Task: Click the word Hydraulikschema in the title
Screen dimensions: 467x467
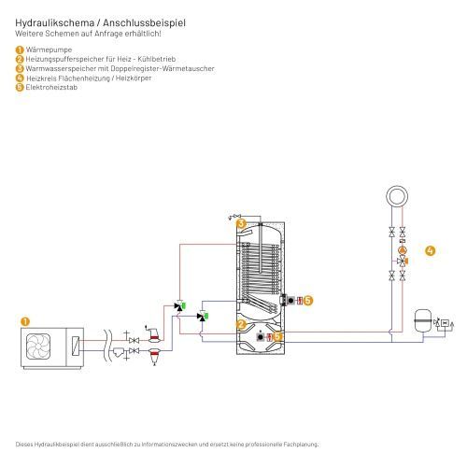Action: coord(55,23)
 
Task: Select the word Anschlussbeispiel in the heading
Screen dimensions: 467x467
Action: coord(144,23)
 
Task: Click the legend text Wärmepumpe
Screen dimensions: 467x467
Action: coord(49,50)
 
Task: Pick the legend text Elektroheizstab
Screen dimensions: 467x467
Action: coord(51,87)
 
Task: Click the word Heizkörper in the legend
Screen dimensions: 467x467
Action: coord(134,78)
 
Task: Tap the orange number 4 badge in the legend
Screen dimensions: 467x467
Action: coord(20,78)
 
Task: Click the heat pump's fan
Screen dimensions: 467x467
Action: coord(38,347)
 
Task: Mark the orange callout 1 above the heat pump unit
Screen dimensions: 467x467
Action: coord(25,321)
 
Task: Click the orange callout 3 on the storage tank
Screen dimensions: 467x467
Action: coord(241,223)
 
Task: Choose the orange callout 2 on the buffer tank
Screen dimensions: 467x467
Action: coord(241,325)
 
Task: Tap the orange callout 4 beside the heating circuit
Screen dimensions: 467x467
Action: coord(430,250)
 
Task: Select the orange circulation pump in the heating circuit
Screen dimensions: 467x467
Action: coord(403,250)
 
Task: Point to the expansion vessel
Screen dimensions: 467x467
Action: coord(423,321)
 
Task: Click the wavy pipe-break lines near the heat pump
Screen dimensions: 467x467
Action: coord(107,346)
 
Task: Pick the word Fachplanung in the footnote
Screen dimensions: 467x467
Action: coord(301,445)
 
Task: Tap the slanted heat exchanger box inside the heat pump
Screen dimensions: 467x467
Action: coord(76,347)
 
